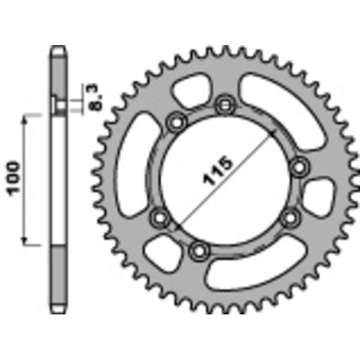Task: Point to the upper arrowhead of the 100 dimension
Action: [x=25, y=120]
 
